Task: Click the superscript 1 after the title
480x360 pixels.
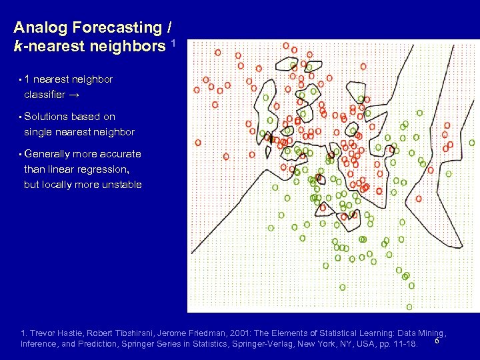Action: click(173, 44)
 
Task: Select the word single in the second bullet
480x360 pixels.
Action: click(39, 132)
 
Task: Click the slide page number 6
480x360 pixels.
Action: click(437, 341)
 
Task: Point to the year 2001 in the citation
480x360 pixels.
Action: click(265, 333)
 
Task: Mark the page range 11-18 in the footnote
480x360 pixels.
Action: click(406, 344)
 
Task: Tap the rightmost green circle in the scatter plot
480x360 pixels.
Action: click(472, 143)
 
